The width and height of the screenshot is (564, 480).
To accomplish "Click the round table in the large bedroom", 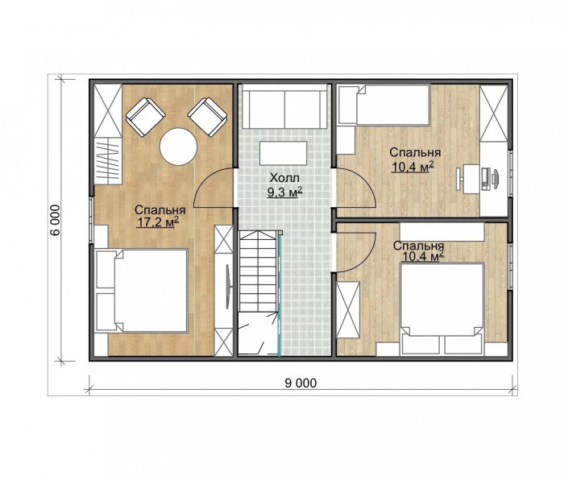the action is [x=178, y=147].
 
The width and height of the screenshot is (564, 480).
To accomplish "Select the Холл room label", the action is [x=284, y=178].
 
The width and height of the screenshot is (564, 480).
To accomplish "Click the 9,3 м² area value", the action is [x=284, y=192].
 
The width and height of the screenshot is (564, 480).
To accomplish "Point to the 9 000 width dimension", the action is [x=301, y=383].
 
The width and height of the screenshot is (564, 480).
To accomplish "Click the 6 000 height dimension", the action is [x=55, y=220].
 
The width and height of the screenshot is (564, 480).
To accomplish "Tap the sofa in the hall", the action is [x=284, y=106].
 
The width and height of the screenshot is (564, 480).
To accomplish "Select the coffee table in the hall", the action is [x=284, y=153].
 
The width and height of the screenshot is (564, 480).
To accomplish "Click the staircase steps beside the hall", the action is [x=258, y=272].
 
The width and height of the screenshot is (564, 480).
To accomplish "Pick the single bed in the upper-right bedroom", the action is [x=384, y=105].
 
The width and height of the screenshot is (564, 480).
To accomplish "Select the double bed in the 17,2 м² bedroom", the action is [x=142, y=290].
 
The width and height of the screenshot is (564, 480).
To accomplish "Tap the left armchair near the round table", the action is [x=145, y=118].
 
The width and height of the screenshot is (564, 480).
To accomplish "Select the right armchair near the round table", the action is [x=208, y=118].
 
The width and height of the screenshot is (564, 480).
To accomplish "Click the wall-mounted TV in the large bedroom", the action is [x=228, y=287].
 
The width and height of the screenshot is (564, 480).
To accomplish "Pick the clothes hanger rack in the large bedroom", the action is [x=107, y=161].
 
